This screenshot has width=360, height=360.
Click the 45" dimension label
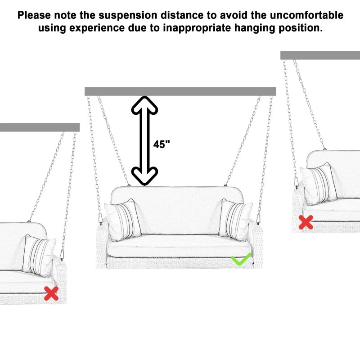point(162,144)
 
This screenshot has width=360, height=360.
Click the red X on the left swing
point(51,293)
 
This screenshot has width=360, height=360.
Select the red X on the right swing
point(306,222)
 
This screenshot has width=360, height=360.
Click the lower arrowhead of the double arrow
point(144,175)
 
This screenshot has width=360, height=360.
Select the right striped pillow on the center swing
point(235,219)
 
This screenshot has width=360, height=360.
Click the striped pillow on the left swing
point(40,255)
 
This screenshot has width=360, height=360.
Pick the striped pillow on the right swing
point(320,184)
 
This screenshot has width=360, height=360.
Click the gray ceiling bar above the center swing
point(180,91)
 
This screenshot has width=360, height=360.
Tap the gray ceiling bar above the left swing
point(40,127)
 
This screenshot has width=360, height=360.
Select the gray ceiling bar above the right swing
point(320,55)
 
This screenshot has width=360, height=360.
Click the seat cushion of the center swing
point(178,247)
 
